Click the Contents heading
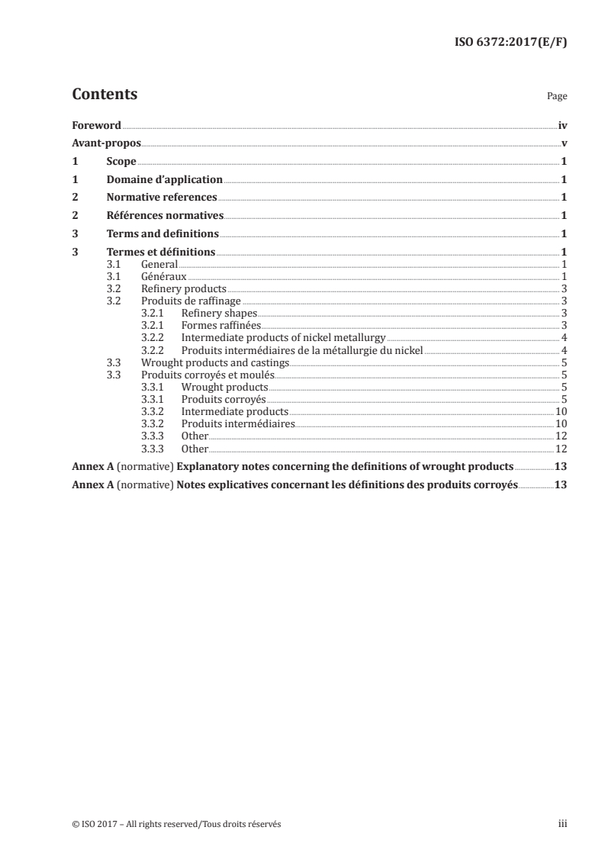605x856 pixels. click(105, 95)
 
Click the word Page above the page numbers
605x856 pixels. click(556, 97)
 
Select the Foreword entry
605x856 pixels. click(96, 125)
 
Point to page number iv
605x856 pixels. click(562, 125)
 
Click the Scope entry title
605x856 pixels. click(121, 162)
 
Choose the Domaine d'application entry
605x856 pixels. click(164, 180)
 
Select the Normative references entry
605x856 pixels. click(161, 198)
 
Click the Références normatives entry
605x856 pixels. click(164, 216)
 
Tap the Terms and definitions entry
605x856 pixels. click(163, 233)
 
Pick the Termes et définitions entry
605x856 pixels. click(161, 252)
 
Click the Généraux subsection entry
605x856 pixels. click(163, 276)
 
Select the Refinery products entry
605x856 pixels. click(184, 288)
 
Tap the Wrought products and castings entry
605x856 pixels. click(204, 362)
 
